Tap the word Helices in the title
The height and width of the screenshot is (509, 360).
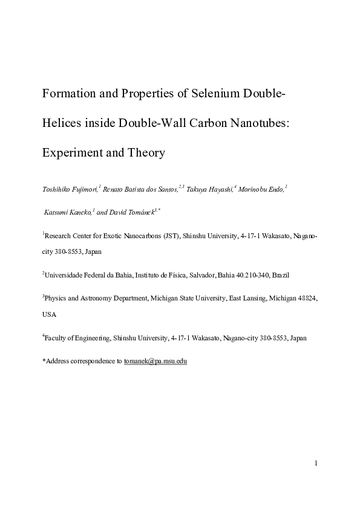pyautogui.click(x=61, y=123)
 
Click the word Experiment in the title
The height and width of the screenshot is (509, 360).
pyautogui.click(x=70, y=153)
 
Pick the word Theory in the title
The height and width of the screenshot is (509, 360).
pyautogui.click(x=146, y=153)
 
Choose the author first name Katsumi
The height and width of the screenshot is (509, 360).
pyautogui.click(x=55, y=212)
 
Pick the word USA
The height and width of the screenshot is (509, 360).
pyautogui.click(x=49, y=314)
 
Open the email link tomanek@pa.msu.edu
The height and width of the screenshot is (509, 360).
pyautogui.click(x=155, y=361)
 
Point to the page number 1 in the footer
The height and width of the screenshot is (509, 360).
pyautogui.click(x=316, y=463)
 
